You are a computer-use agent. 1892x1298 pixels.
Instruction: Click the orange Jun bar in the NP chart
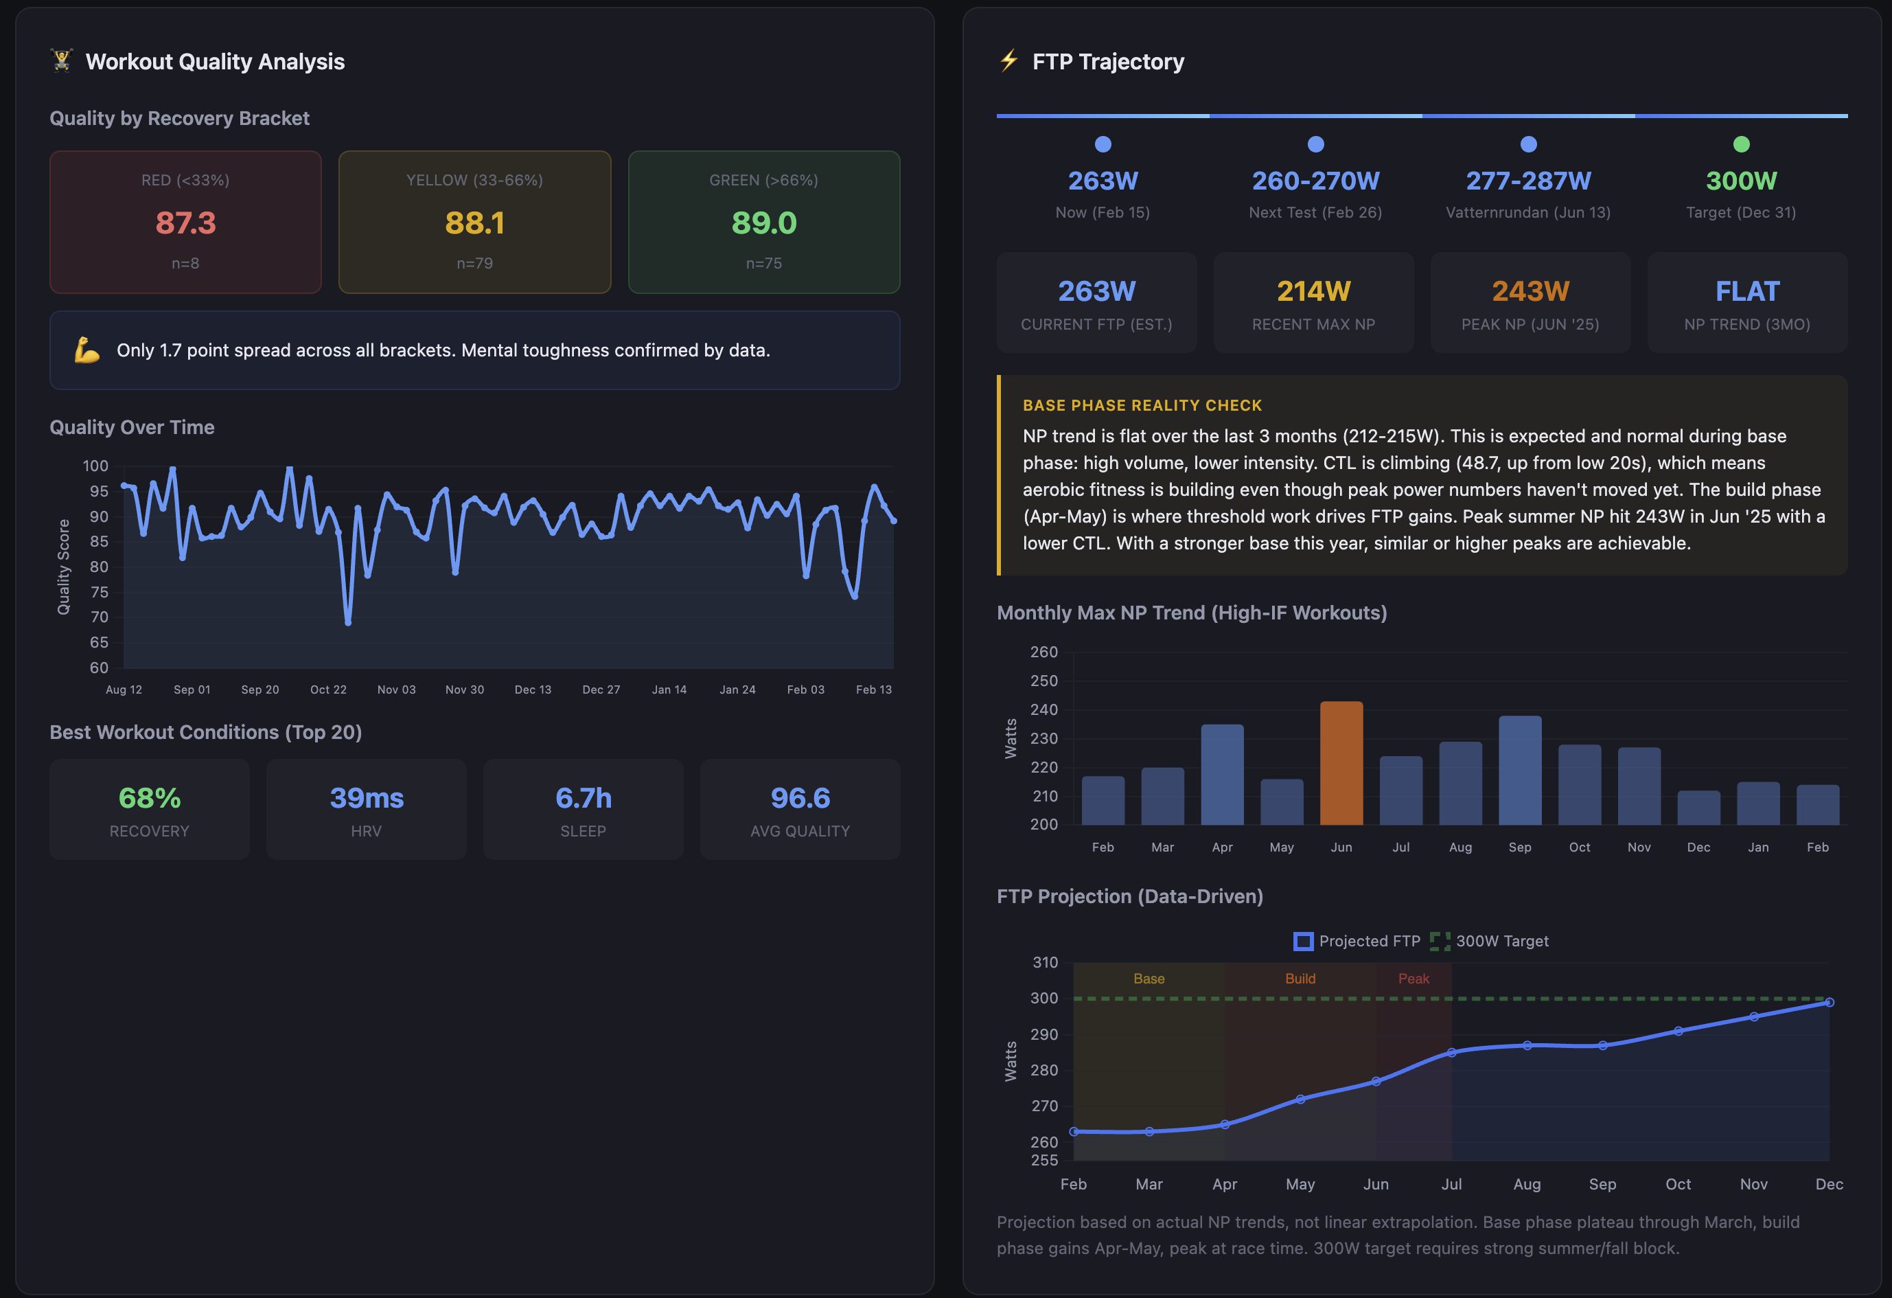(x=1341, y=763)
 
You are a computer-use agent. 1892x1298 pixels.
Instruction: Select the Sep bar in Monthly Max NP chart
(x=1519, y=771)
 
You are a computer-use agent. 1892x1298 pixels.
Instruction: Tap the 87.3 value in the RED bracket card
(x=185, y=223)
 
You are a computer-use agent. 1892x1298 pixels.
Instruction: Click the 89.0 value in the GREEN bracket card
(x=763, y=223)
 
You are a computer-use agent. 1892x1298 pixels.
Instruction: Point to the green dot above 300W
(x=1740, y=144)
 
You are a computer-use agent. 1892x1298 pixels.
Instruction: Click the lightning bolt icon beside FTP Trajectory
(x=1008, y=60)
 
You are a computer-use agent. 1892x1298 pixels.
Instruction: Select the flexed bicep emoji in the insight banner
(x=87, y=350)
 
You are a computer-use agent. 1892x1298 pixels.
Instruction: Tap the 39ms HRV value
(x=367, y=797)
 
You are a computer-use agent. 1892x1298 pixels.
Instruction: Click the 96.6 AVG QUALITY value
(x=800, y=797)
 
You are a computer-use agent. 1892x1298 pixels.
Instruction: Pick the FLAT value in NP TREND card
(x=1747, y=291)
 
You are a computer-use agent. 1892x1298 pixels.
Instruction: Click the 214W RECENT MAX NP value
(x=1313, y=291)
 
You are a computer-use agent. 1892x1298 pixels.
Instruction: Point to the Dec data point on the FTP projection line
(x=1829, y=1003)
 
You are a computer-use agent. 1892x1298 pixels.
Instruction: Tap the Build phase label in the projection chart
(x=1300, y=978)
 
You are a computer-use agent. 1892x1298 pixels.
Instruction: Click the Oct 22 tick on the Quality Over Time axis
(x=328, y=689)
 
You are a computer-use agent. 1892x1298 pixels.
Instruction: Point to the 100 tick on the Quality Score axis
(x=95, y=466)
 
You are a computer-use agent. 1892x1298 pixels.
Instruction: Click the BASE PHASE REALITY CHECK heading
(x=1142, y=405)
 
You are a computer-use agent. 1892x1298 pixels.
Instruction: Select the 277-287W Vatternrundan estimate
(x=1528, y=181)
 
